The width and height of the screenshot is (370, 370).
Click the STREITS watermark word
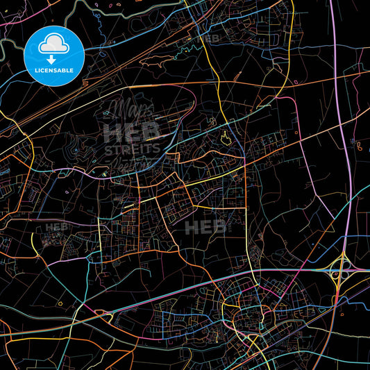tap(132, 148)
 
